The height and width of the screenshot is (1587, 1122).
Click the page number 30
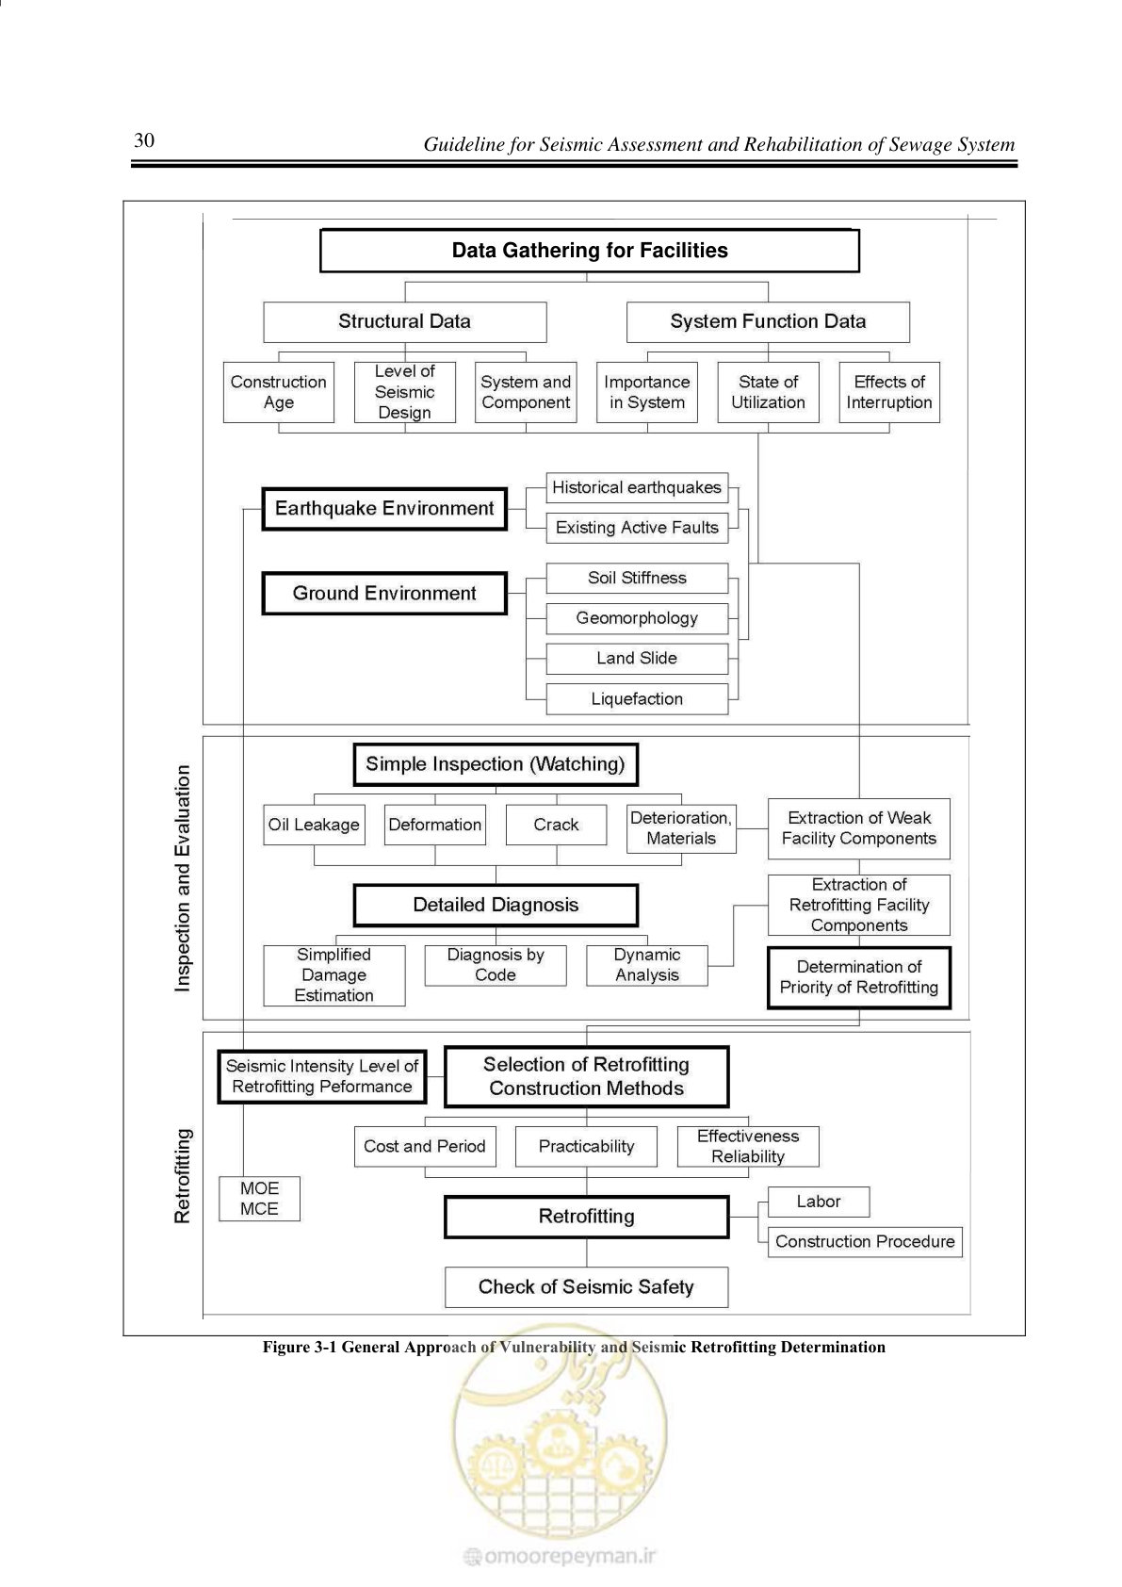point(144,140)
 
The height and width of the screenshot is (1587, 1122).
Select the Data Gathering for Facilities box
point(590,251)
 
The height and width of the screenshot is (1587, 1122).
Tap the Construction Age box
point(278,392)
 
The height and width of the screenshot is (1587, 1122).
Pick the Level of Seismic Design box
point(404,392)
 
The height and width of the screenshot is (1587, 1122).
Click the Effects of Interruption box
point(889,392)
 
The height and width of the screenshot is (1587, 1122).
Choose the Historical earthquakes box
point(637,487)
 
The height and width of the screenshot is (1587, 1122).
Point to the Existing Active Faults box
point(637,528)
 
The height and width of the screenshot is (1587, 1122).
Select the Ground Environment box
point(384,593)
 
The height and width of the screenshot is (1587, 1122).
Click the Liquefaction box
point(637,698)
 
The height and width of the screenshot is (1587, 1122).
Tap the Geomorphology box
point(637,618)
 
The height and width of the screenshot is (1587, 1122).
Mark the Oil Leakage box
point(314,825)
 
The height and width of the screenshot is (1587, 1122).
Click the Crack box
point(556,825)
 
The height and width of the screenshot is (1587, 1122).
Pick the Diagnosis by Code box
point(496,965)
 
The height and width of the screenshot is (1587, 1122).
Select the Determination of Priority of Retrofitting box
point(858,977)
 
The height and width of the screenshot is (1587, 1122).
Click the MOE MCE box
point(259,1198)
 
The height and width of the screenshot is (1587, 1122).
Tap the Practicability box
point(586,1146)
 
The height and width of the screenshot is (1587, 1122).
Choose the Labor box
point(818,1202)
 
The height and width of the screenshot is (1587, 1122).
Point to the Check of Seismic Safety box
point(586,1286)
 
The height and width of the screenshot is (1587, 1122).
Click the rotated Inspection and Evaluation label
point(183,877)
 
